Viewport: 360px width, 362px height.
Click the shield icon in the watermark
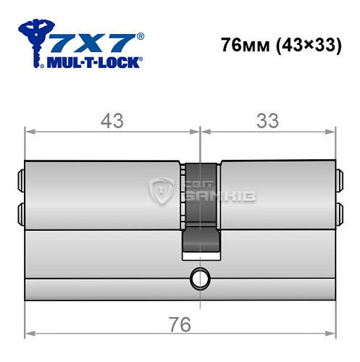(160, 192)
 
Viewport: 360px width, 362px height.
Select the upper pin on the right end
(338, 178)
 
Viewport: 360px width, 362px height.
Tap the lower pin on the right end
(338, 211)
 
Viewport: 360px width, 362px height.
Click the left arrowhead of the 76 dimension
(29, 334)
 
